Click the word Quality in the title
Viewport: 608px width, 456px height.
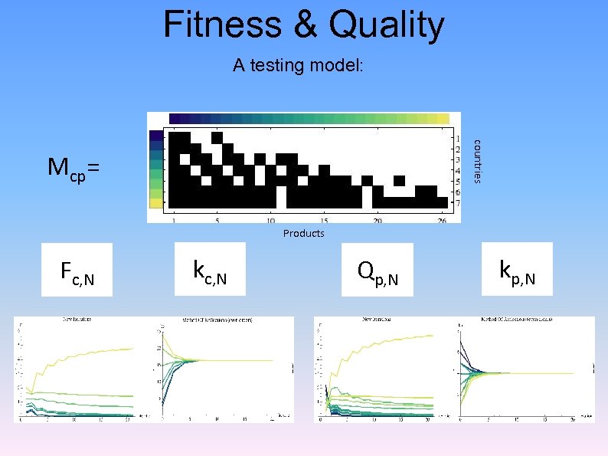click(384, 25)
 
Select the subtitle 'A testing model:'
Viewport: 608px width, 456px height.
click(299, 66)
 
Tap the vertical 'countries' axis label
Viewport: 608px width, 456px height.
click(476, 160)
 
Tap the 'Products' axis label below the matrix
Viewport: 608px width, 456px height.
click(303, 233)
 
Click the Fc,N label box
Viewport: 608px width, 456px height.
click(77, 269)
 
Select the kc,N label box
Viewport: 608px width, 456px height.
click(210, 269)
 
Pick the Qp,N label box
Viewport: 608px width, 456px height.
click(377, 269)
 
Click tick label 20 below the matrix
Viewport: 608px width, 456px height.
click(378, 221)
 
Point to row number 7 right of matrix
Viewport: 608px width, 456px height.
click(456, 202)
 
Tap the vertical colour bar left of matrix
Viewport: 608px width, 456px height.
click(156, 169)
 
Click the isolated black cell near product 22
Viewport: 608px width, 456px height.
click(399, 181)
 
